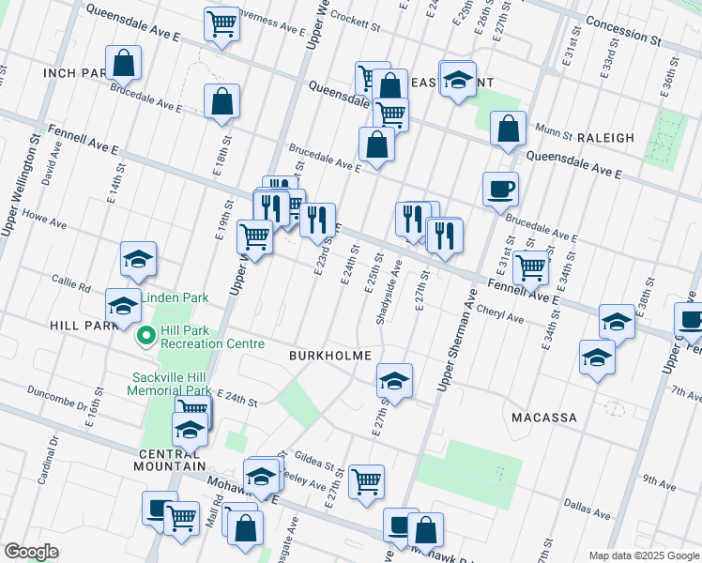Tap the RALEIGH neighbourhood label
tap(599, 138)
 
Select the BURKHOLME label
tap(330, 357)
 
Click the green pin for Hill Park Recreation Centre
tap(146, 335)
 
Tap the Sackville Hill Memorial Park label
tap(171, 384)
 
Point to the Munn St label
tap(554, 129)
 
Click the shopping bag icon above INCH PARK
tap(123, 63)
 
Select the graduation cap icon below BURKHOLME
tap(394, 380)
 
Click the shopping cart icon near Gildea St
tap(366, 481)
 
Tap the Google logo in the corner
tap(32, 551)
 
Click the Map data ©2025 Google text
tap(643, 555)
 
